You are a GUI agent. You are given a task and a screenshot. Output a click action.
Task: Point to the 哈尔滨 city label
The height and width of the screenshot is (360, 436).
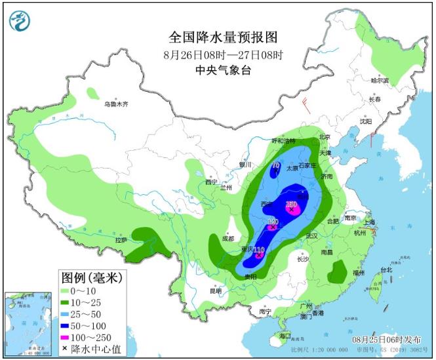pyautogui.click(x=379, y=81)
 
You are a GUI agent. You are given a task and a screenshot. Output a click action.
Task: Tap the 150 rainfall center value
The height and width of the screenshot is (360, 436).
pyautogui.click(x=292, y=205)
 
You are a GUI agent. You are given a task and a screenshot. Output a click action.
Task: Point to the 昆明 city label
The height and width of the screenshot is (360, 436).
pyautogui.click(x=216, y=290)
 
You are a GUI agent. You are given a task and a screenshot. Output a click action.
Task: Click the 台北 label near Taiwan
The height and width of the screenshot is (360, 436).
pyautogui.click(x=386, y=270)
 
